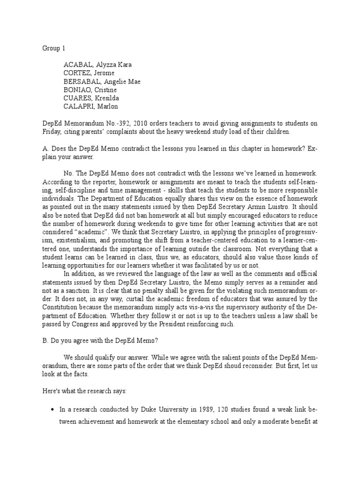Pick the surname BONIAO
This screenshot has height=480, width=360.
click(78, 90)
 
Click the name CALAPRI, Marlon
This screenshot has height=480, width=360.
click(91, 107)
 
